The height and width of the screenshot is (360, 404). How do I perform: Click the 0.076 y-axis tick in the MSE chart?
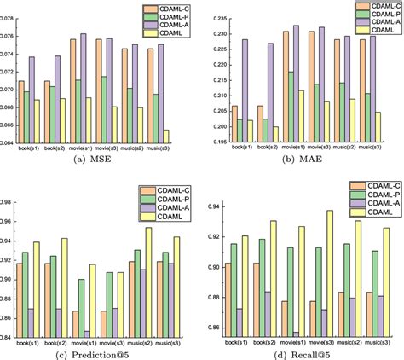pyautogui.click(x=9, y=35)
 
